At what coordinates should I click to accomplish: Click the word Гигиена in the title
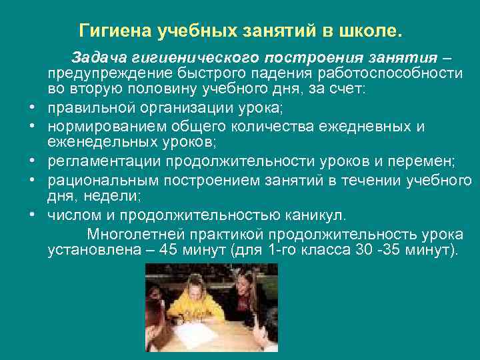(x=115, y=31)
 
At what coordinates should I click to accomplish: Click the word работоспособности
(x=399, y=73)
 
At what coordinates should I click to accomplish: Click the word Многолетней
(x=133, y=235)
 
